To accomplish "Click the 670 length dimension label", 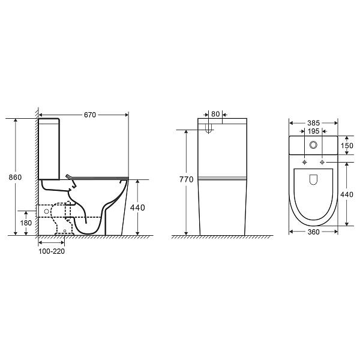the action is coord(90,115).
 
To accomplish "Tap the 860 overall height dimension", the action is coord(15,177).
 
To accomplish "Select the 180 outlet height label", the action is coord(26,223).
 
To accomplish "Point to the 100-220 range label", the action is coord(52,251).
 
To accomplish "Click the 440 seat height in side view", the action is coord(137,208).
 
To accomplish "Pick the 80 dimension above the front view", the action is coord(215,114).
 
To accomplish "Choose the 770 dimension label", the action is coord(187,179).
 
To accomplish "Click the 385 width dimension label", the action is coord(313,123).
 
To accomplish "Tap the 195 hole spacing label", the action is coord(313,131).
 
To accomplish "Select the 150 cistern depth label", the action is coord(347,146).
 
